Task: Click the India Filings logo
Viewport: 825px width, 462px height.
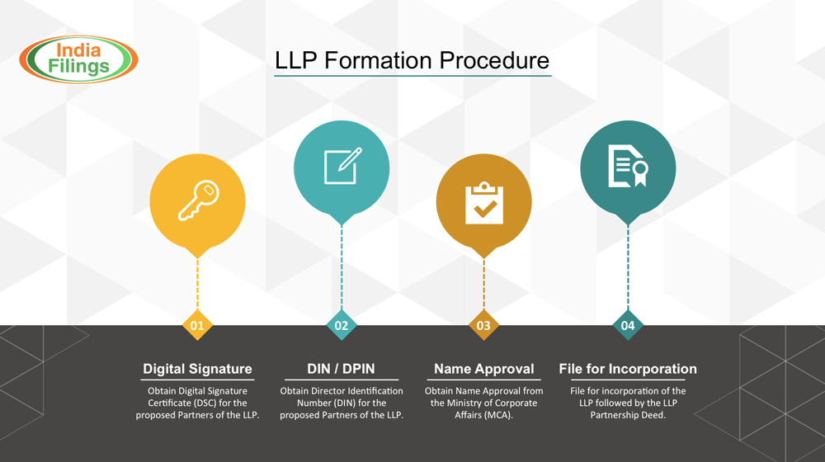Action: (x=78, y=59)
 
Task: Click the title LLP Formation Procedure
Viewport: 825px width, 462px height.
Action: (x=412, y=60)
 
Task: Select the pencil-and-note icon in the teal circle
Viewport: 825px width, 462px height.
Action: (x=342, y=167)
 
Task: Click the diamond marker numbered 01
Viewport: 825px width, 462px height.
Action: (x=197, y=325)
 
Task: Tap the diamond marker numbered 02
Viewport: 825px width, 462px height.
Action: (x=342, y=325)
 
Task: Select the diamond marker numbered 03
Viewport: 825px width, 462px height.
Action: (x=483, y=325)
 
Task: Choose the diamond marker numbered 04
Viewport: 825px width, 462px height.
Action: (x=628, y=325)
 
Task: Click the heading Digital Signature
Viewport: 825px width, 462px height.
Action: (x=197, y=369)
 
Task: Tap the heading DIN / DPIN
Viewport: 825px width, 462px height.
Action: (x=341, y=369)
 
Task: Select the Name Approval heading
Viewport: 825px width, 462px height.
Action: (x=483, y=369)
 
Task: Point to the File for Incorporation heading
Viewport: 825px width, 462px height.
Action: (x=628, y=369)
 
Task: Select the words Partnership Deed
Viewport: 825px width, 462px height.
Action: (x=628, y=415)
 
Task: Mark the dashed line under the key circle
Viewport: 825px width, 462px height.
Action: (x=197, y=285)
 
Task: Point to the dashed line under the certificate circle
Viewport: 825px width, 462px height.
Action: (x=628, y=268)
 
